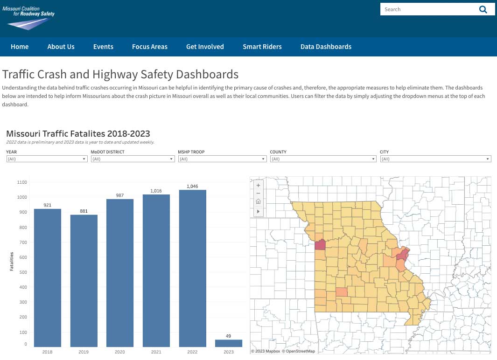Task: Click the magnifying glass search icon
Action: tap(483, 9)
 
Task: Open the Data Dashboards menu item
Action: tap(326, 47)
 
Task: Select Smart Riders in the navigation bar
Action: tap(262, 47)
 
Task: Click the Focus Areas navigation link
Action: tap(149, 47)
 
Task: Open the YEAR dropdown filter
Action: tap(47, 159)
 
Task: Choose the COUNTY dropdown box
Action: tap(322, 159)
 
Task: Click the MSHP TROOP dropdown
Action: tap(222, 159)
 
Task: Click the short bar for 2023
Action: tap(229, 343)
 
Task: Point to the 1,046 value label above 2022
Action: tap(192, 186)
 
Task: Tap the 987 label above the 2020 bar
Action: tap(120, 195)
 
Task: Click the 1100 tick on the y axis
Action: tap(21, 182)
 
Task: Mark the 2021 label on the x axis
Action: tap(156, 352)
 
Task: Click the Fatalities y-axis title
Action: tap(11, 261)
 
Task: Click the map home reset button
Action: tap(258, 202)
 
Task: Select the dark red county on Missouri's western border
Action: tap(320, 245)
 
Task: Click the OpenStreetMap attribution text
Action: tap(300, 351)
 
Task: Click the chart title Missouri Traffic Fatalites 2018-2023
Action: tap(78, 134)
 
